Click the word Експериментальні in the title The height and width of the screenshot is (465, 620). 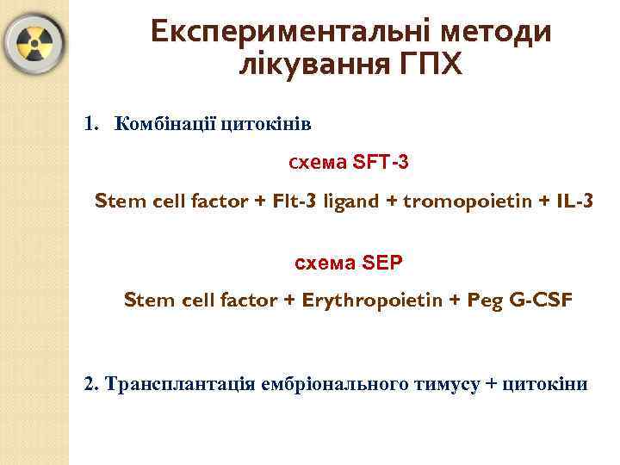pyautogui.click(x=291, y=32)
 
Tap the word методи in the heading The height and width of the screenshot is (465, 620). pyautogui.click(x=496, y=32)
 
